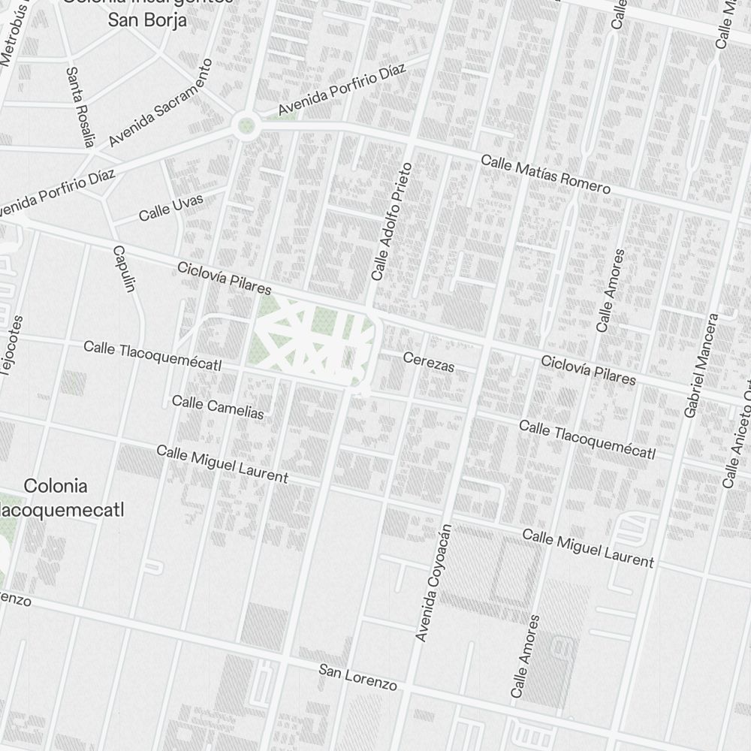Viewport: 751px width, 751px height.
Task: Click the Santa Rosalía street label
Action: [80, 107]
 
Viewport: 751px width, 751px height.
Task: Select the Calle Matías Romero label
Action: [545, 173]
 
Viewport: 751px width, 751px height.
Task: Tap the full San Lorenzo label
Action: [357, 677]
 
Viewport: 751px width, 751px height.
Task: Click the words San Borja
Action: [147, 20]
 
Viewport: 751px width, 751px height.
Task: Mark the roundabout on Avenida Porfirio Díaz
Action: [244, 125]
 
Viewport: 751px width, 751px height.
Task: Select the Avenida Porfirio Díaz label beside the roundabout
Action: [342, 90]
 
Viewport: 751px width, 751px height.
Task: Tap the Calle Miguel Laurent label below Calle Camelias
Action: [222, 463]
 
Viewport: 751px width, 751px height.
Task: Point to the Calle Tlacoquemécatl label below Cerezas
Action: [587, 439]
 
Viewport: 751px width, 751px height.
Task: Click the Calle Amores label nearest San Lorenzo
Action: [524, 656]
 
